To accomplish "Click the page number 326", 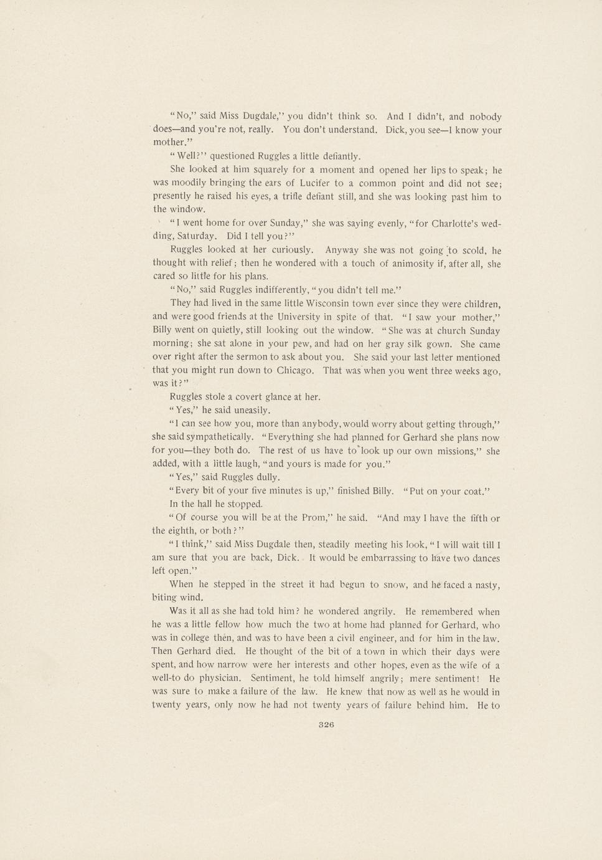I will [x=326, y=725].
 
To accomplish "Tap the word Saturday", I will [x=197, y=237].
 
